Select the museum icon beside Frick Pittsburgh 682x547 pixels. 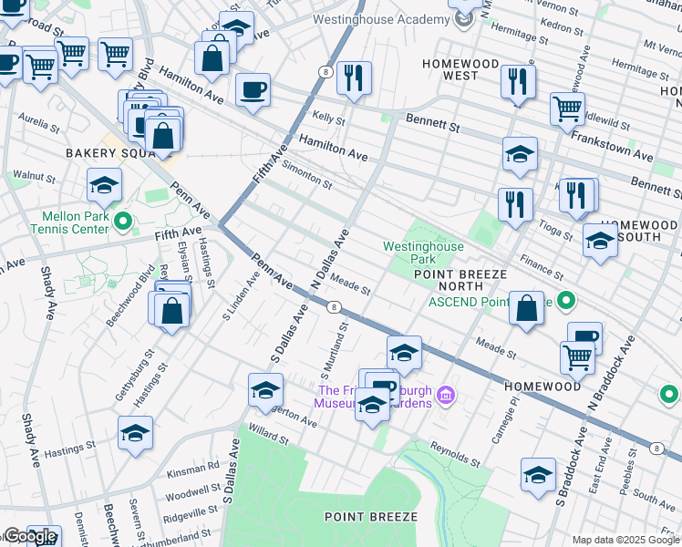(445, 395)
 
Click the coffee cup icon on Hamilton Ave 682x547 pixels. (253, 90)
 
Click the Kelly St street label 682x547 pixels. (328, 119)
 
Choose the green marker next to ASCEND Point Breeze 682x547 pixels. (566, 300)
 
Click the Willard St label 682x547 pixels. (270, 439)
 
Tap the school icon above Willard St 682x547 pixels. (265, 390)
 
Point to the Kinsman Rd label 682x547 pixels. (200, 465)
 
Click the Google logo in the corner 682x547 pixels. (29, 536)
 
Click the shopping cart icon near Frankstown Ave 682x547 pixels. (567, 108)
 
